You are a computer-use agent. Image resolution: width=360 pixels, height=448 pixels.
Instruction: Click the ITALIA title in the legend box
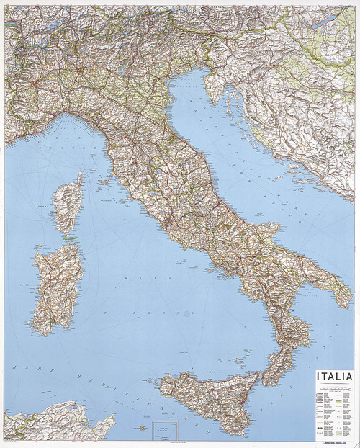click(334, 377)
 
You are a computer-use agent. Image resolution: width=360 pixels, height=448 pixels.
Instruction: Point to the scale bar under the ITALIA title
click(334, 387)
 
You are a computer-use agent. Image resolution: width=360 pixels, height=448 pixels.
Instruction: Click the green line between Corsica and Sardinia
click(70, 237)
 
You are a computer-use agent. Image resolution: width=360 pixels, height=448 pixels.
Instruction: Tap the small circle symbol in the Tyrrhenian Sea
click(187, 314)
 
